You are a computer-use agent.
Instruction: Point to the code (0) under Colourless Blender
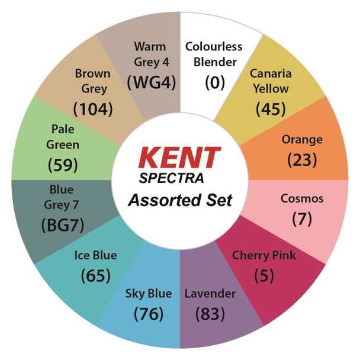pos(215,82)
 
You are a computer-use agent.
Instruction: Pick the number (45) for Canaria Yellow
pos(271,109)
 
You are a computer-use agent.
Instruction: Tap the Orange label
pos(302,140)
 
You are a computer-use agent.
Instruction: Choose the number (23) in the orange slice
pos(302,160)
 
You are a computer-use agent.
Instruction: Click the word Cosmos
pos(302,198)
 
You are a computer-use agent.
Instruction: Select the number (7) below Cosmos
pos(302,218)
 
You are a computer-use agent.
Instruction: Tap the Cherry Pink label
pos(263,256)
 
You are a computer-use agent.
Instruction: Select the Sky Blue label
pos(149,294)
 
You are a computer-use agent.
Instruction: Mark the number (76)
pos(149,313)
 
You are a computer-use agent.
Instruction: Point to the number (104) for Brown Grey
pos(92,109)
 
